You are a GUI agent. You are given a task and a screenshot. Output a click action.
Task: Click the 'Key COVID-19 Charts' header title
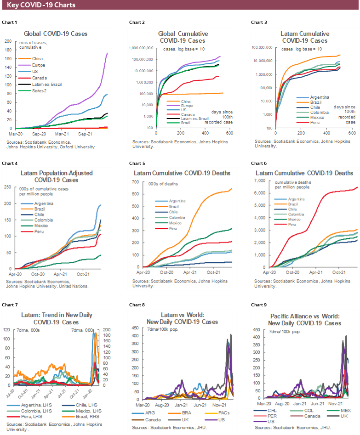point(41,6)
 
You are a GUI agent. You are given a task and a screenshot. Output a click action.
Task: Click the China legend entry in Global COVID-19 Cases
point(37,59)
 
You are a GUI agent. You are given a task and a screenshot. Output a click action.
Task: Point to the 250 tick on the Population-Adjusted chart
point(8,187)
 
